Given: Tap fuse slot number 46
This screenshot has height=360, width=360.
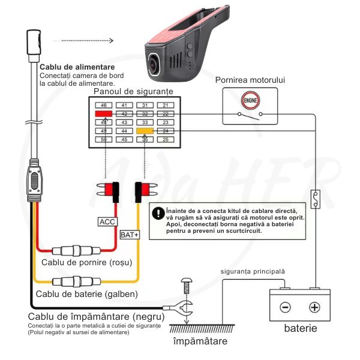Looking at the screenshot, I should (x=104, y=105).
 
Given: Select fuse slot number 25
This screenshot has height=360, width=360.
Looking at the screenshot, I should (x=166, y=139).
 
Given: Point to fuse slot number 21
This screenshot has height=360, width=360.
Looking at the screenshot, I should (x=166, y=105).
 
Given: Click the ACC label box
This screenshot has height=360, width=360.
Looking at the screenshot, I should (x=107, y=221).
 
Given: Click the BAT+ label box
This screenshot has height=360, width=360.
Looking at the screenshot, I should (x=130, y=234).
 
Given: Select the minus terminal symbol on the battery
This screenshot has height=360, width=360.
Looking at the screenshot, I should (x=285, y=307).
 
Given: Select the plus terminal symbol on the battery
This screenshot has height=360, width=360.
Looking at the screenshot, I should (x=314, y=307).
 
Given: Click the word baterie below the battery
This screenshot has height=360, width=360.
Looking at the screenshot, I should (x=300, y=329).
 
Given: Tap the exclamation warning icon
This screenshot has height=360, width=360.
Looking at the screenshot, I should (x=158, y=212).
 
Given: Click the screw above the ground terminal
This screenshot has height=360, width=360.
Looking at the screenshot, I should (x=187, y=281).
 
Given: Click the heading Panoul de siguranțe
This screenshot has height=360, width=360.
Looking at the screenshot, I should (x=133, y=92).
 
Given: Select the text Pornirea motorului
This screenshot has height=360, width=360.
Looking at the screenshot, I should (x=250, y=80).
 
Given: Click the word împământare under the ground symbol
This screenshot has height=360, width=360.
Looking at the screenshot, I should (x=200, y=341).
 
